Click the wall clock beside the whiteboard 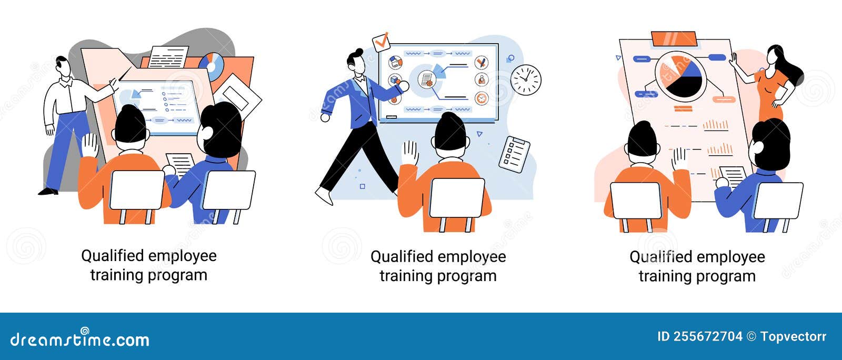click(526, 80)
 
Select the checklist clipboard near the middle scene click(514, 154)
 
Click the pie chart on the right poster click(678, 76)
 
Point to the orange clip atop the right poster click(674, 38)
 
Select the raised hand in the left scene click(90, 144)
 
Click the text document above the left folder click(168, 57)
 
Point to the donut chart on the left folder click(212, 66)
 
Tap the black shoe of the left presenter click(48, 192)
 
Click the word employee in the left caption click(182, 256)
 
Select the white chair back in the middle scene click(457, 198)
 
